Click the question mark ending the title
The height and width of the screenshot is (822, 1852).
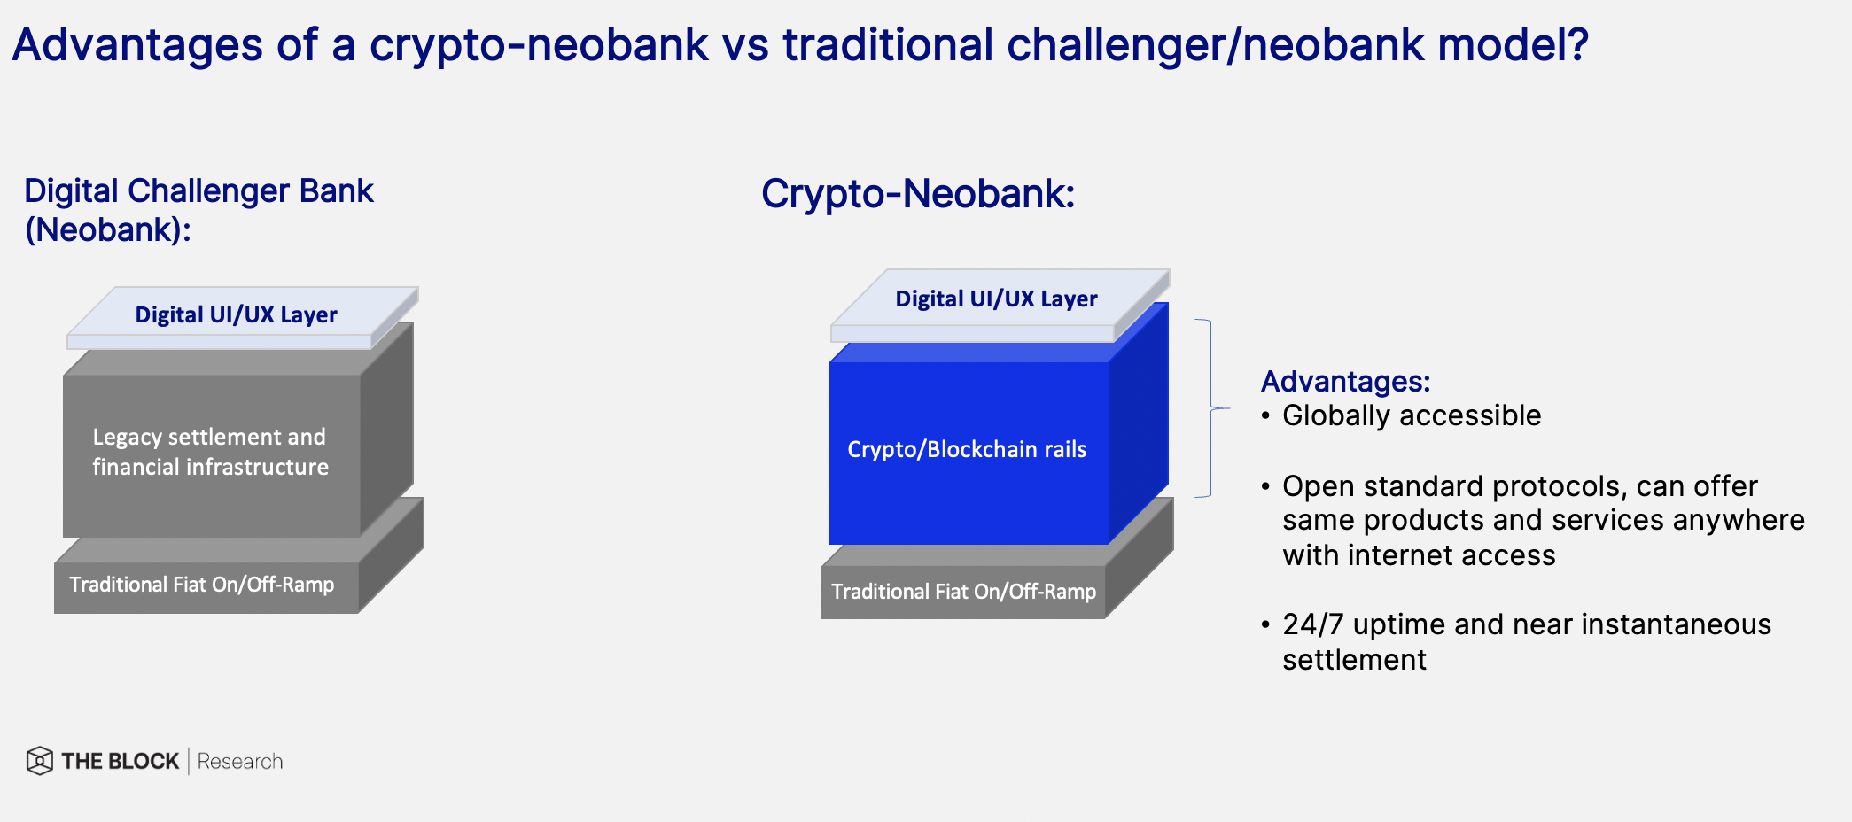tap(1576, 44)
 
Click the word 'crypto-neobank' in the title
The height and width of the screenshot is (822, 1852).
tap(539, 46)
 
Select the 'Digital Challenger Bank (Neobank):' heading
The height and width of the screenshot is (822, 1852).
tap(198, 210)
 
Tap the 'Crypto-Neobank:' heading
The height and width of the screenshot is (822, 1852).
tap(918, 194)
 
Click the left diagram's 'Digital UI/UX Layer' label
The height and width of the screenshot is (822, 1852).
tap(236, 315)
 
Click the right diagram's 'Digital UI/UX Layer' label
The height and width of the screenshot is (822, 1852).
tap(996, 299)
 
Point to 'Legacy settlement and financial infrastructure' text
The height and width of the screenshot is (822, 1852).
tap(210, 452)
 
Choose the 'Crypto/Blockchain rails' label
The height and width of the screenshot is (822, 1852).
tap(967, 450)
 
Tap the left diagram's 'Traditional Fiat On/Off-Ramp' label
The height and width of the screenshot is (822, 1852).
tap(202, 585)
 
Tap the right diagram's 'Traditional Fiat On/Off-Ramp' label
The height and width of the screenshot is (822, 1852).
tap(963, 592)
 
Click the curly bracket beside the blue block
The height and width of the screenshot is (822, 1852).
tap(1211, 408)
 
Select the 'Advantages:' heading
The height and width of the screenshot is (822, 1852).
tap(1345, 382)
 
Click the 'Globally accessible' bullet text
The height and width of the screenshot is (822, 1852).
tap(1412, 415)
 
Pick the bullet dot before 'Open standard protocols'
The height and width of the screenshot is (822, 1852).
tap(1265, 486)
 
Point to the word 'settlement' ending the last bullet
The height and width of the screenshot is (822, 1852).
tap(1354, 660)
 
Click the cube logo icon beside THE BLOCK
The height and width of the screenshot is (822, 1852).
tap(40, 761)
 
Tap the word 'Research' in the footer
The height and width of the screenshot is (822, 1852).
tap(240, 762)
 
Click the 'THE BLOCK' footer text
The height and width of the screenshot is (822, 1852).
tap(121, 762)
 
